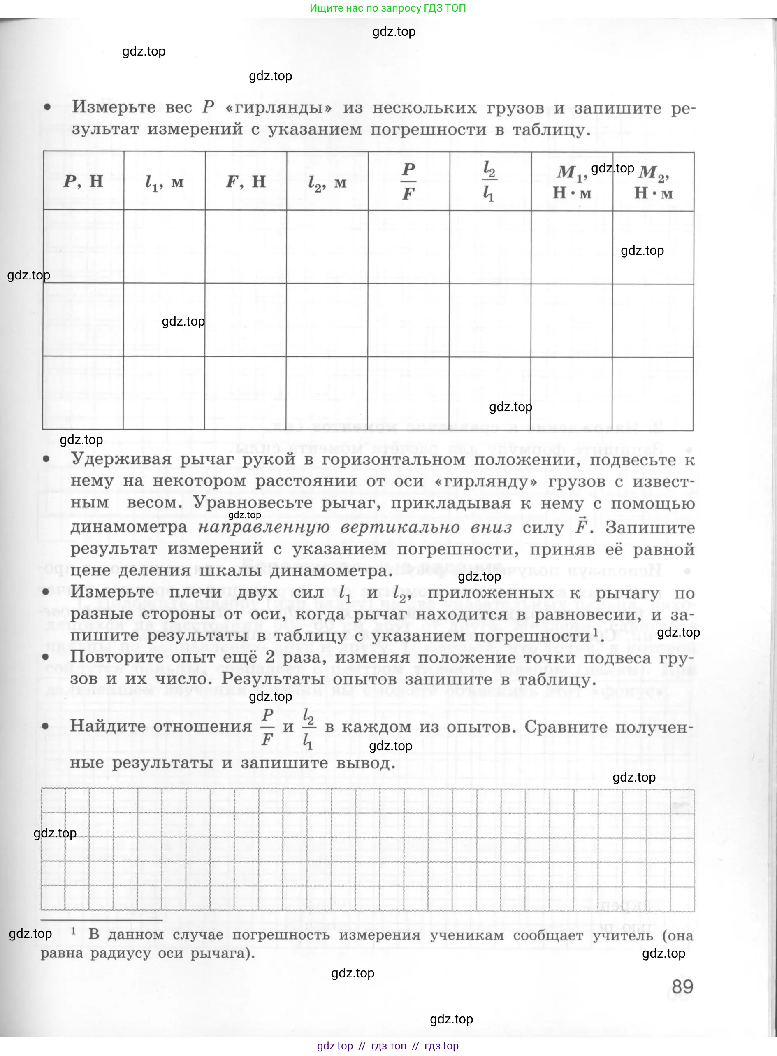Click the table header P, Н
click(x=83, y=181)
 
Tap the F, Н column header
click(x=246, y=181)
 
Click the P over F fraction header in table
click(x=408, y=181)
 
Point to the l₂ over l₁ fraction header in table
click(x=489, y=181)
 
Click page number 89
click(x=682, y=986)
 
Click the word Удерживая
click(x=121, y=459)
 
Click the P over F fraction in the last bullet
click(x=267, y=727)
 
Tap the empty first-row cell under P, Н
click(x=83, y=246)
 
